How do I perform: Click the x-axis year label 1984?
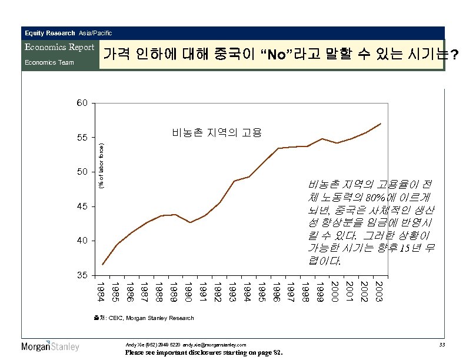tap(102, 292)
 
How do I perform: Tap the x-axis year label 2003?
tap(380, 292)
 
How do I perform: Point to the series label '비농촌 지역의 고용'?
tap(217, 132)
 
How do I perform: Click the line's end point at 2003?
tap(381, 124)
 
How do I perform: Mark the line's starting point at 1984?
tap(102, 264)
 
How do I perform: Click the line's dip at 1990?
tap(189, 222)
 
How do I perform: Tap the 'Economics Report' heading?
tap(59, 47)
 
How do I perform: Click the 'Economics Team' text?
tap(49, 62)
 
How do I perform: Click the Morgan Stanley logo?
tap(50, 346)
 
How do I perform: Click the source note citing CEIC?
tap(144, 318)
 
